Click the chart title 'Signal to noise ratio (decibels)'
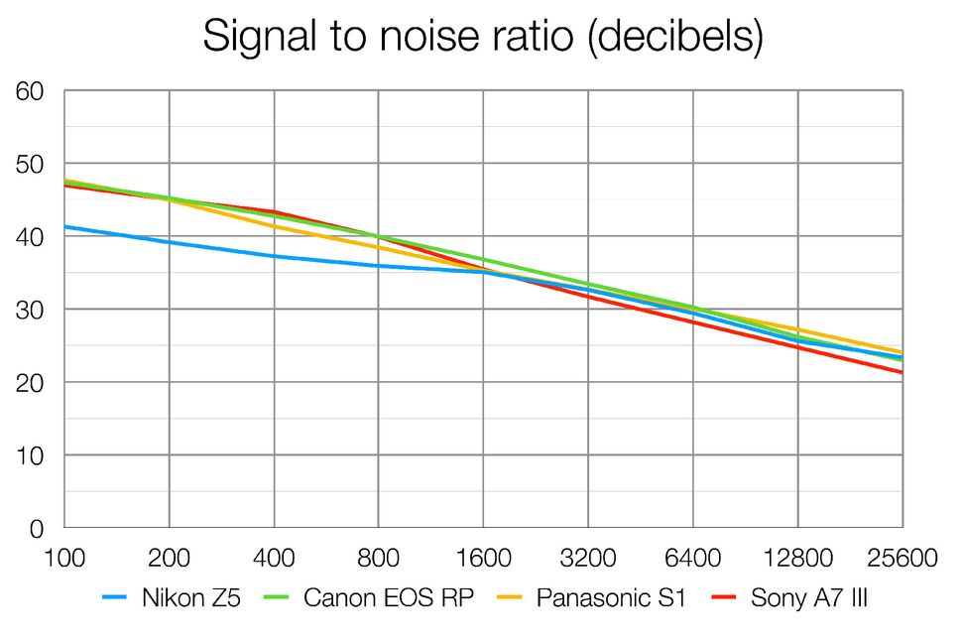click(x=482, y=37)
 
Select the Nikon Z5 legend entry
click(x=190, y=598)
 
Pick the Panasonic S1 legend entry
click(x=610, y=598)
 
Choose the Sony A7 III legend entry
click(x=809, y=598)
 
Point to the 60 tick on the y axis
click(x=29, y=91)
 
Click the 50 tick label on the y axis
click(x=29, y=164)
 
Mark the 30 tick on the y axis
click(x=29, y=310)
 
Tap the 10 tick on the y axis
click(x=29, y=455)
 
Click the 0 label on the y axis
click(x=36, y=529)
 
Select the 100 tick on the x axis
click(x=64, y=559)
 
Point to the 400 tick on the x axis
click(x=274, y=559)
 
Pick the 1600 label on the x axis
click(x=483, y=559)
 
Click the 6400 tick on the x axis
click(x=692, y=559)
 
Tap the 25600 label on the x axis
click(x=902, y=559)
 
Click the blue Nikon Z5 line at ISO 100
click(x=65, y=227)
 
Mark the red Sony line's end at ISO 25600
click(x=902, y=373)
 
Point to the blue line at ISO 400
click(x=274, y=256)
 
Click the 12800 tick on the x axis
click(x=797, y=559)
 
